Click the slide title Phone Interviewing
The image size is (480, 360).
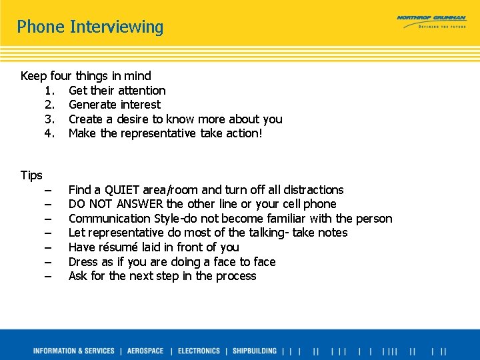[x=90, y=27]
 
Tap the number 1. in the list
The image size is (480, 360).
[x=49, y=91]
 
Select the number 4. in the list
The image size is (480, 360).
[x=49, y=133]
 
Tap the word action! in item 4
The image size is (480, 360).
[x=241, y=133]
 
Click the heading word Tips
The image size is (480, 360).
[x=31, y=175]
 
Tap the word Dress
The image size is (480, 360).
[x=83, y=262]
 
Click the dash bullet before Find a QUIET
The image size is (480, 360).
[x=49, y=190]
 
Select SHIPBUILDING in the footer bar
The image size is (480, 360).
[x=254, y=351]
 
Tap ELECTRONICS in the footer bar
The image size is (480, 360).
[x=199, y=351]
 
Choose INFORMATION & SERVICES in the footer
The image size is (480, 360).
[x=73, y=351]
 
